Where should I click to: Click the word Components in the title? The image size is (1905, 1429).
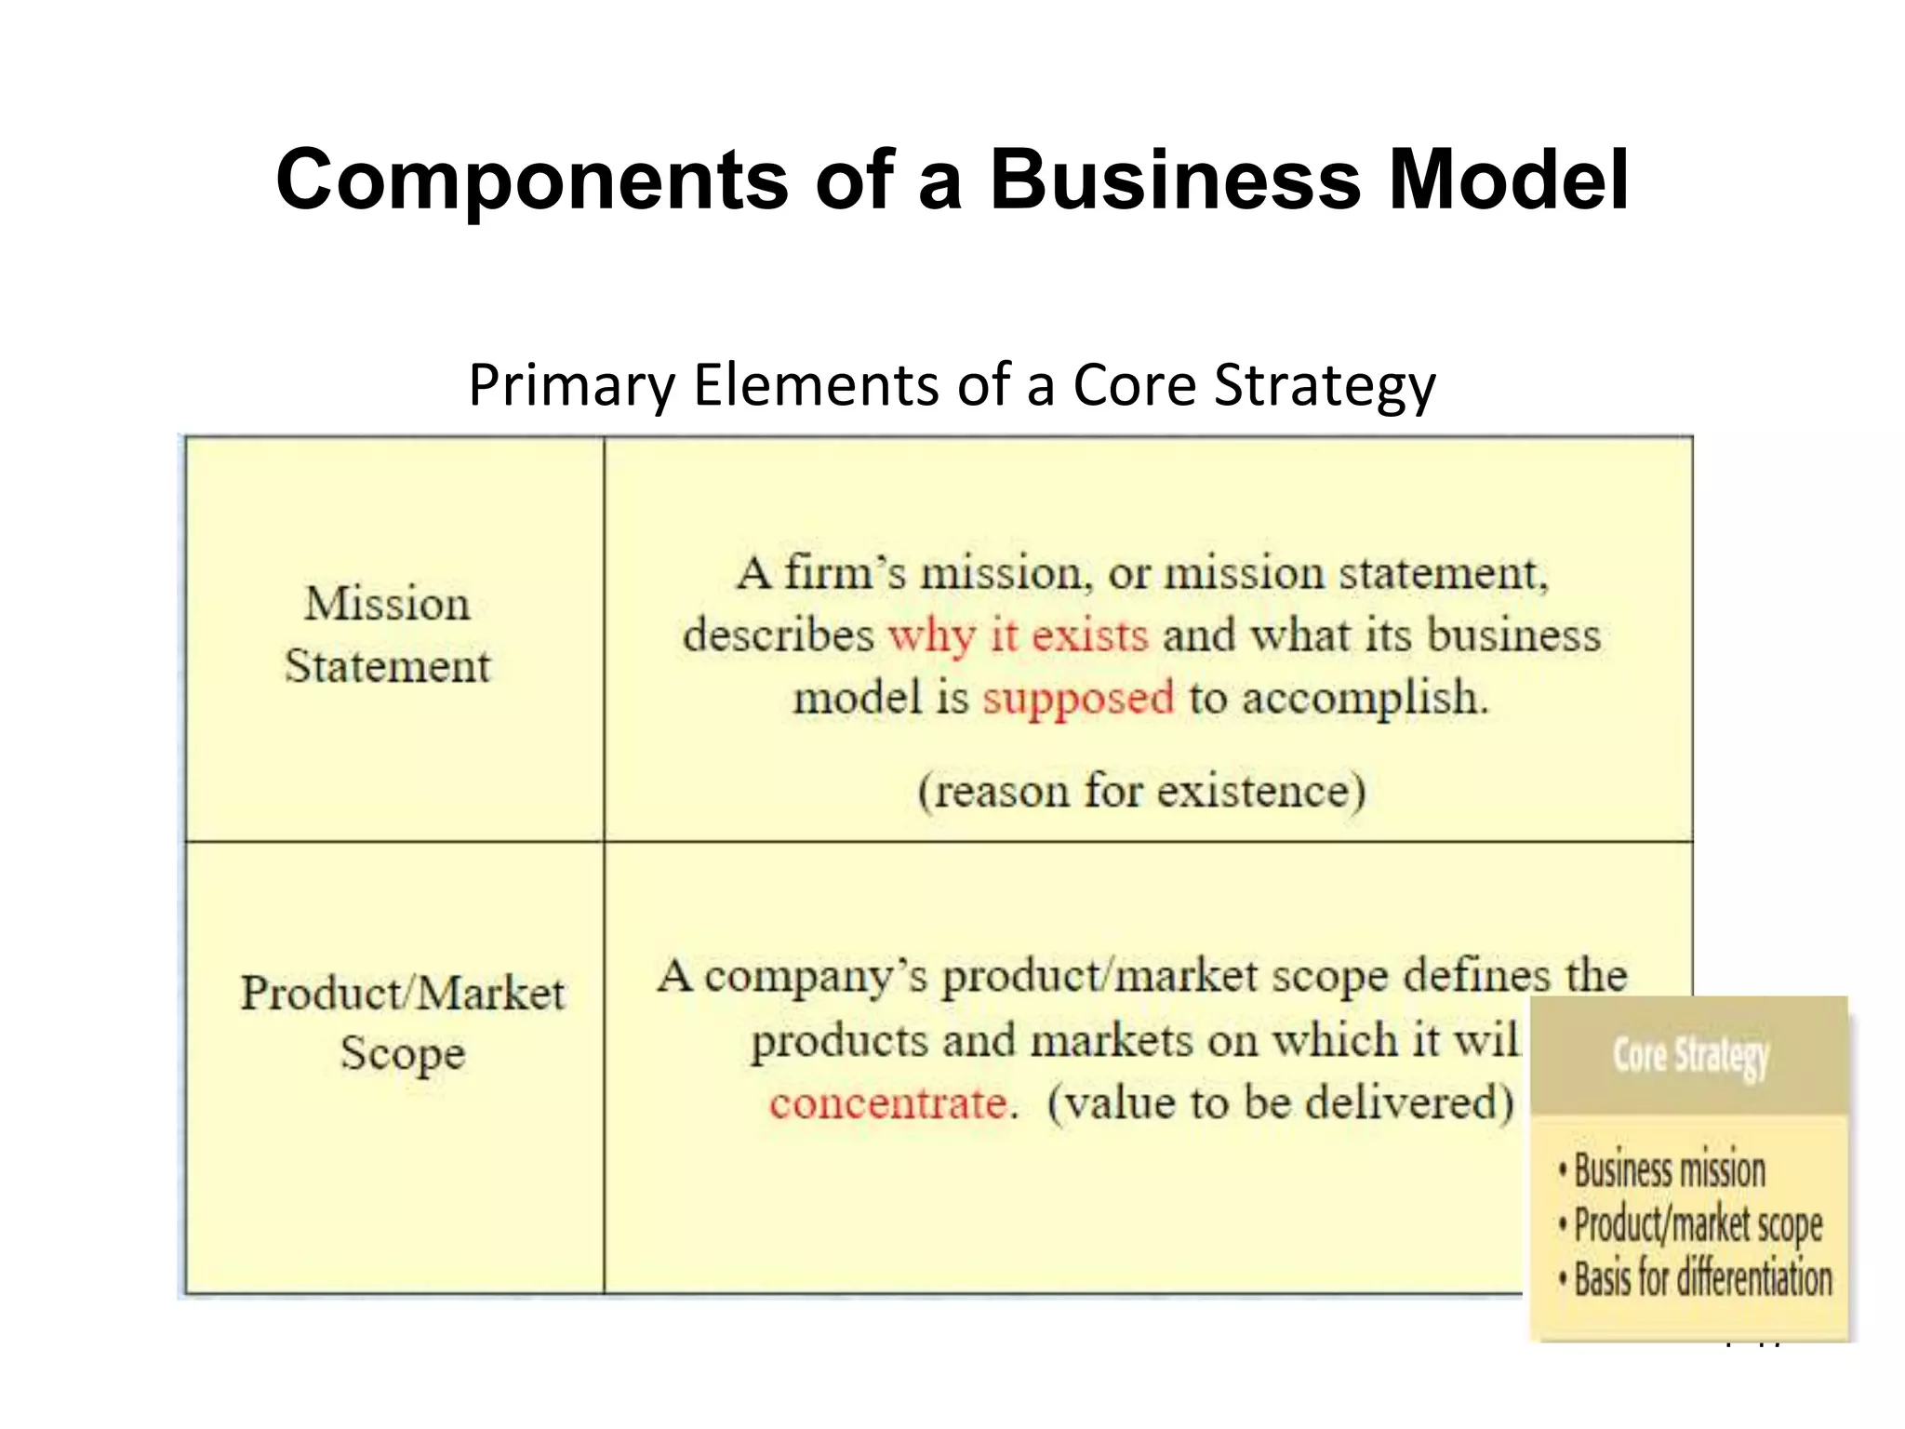pos(532,180)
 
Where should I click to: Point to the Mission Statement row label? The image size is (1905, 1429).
pos(387,634)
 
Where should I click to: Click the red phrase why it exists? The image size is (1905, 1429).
pos(1019,636)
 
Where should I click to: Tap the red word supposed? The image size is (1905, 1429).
pos(1078,698)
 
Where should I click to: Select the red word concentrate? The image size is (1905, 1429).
pos(888,1103)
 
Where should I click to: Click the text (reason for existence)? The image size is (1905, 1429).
pos(1141,792)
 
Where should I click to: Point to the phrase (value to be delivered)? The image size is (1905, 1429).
pos(1281,1103)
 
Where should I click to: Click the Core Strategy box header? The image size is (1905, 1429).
pos(1689,1057)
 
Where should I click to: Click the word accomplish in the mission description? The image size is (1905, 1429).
pos(1365,698)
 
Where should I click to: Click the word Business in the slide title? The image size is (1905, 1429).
pos(1175,180)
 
